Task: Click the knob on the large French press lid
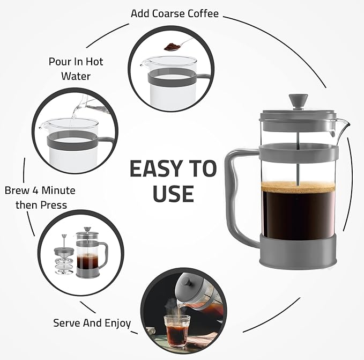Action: click(x=294, y=100)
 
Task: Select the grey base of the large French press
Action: click(x=298, y=249)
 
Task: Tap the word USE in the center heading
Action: click(x=173, y=194)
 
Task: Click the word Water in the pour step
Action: click(x=75, y=76)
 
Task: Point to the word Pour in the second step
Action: click(x=60, y=62)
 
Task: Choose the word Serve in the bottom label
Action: click(x=67, y=323)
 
